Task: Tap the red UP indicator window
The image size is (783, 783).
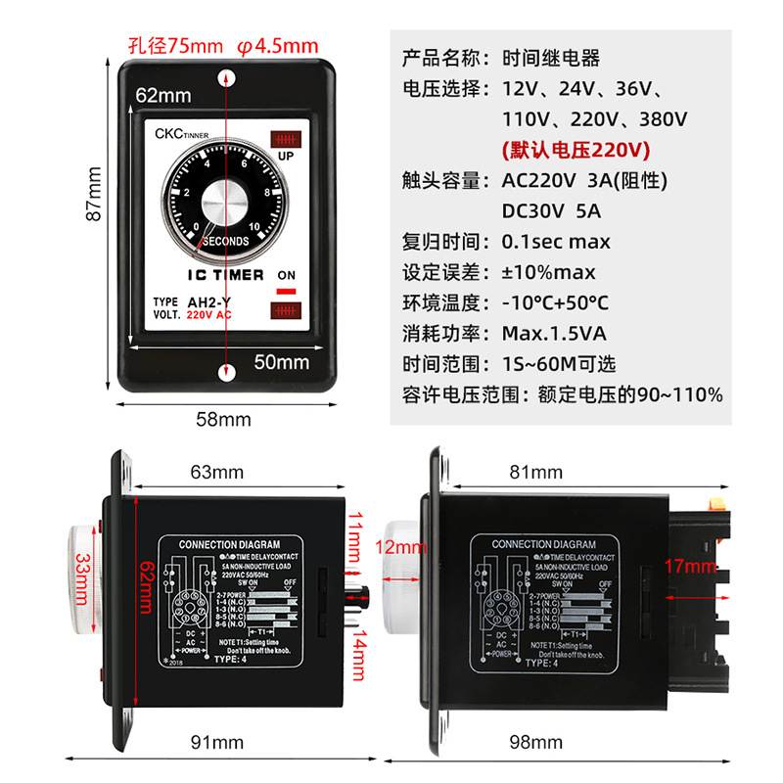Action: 286,137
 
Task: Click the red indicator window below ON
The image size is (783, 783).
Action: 286,312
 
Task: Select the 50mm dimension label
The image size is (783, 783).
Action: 282,362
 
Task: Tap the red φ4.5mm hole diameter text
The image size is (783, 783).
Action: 278,46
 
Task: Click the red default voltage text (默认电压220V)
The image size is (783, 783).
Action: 576,151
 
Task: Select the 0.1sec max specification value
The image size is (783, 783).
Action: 556,241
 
